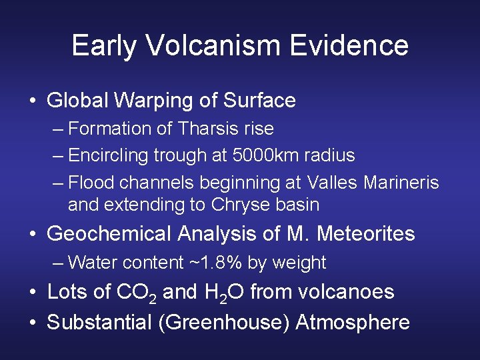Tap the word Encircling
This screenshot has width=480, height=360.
(x=108, y=155)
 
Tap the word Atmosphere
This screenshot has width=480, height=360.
(x=352, y=323)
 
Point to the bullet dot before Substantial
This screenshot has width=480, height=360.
(x=33, y=323)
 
